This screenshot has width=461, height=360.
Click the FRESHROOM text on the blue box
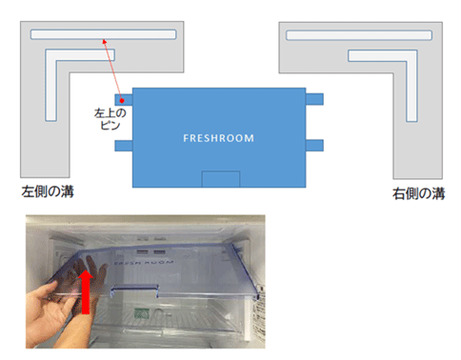(218, 138)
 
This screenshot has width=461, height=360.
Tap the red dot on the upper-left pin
(122, 101)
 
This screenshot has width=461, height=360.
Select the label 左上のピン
(110, 119)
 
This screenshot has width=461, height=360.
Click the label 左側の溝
(48, 191)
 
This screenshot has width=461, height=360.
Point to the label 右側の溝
(418, 193)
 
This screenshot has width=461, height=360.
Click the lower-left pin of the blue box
(124, 146)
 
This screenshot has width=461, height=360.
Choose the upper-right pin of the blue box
(314, 99)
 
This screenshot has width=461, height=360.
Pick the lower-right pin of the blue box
(314, 145)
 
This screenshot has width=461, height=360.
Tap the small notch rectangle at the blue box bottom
(221, 179)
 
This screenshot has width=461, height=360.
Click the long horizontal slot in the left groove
(103, 34)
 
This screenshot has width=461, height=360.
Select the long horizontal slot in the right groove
(359, 35)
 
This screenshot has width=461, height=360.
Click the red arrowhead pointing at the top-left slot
(105, 41)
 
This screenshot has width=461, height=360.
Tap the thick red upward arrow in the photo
(86, 291)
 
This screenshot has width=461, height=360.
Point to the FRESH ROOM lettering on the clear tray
(144, 263)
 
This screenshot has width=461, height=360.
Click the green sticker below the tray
(140, 313)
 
